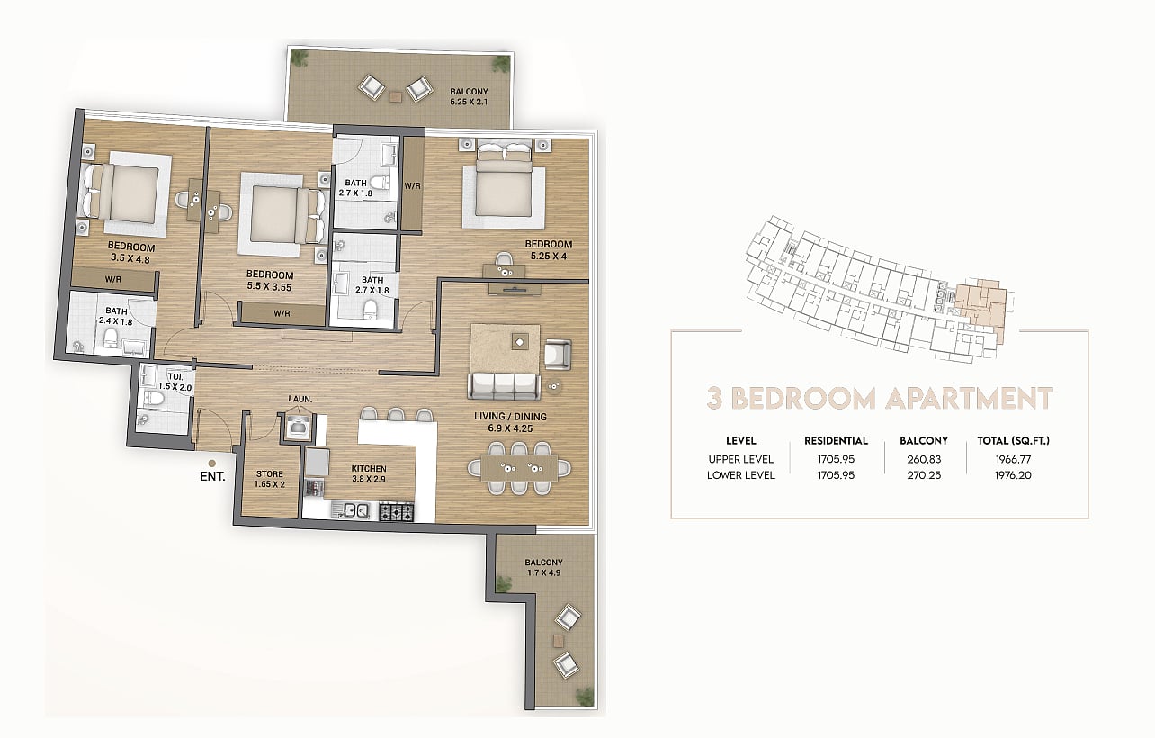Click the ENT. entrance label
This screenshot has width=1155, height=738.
(212, 476)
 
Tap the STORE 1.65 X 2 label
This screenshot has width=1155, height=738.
(270, 479)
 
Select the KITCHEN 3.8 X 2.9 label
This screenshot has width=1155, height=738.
(369, 473)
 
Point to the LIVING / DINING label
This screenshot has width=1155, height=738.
(510, 416)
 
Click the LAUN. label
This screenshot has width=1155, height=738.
(300, 399)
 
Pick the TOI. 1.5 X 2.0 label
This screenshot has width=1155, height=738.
(175, 382)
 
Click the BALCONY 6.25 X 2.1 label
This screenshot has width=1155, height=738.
(469, 96)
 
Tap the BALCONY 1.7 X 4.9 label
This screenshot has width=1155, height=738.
(543, 567)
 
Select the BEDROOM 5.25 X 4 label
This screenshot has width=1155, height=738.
(549, 250)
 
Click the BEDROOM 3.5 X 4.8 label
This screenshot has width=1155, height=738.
(131, 253)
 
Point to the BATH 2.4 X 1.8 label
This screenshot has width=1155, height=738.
(116, 316)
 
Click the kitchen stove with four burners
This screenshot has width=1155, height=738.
(396, 511)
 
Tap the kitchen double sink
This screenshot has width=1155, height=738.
(350, 509)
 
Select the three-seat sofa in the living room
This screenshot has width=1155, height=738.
(504, 386)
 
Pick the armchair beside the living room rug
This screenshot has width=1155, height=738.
(558, 354)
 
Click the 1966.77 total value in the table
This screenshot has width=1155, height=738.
(1013, 459)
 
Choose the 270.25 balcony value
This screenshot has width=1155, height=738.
(924, 475)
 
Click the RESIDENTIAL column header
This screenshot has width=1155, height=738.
(836, 441)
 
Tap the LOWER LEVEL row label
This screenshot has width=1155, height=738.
(741, 475)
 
